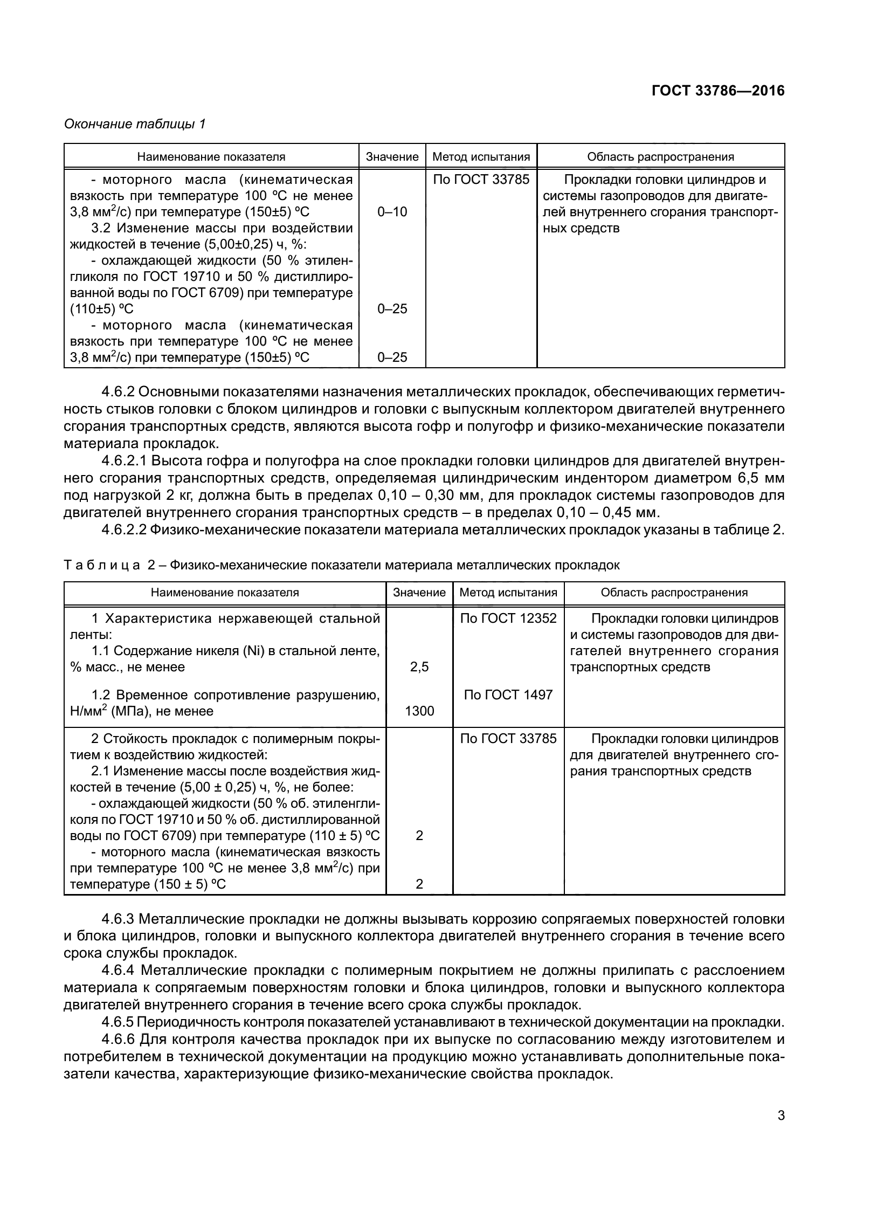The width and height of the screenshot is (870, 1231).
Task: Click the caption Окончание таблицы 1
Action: [135, 124]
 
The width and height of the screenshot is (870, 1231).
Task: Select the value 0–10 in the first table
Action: [392, 212]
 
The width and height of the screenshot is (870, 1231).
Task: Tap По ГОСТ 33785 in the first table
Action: [481, 180]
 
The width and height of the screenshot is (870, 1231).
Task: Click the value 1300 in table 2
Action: [419, 711]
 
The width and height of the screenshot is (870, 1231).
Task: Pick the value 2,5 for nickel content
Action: [419, 667]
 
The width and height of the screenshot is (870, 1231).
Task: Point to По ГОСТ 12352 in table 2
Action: [508, 618]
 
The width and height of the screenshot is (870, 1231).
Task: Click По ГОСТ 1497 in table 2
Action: [508, 694]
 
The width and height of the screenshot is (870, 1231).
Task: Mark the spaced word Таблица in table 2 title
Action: [102, 565]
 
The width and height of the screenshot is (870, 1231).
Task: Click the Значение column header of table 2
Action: [419, 593]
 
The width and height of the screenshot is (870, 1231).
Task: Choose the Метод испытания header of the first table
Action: [481, 157]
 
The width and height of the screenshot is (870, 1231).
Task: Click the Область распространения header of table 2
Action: [674, 593]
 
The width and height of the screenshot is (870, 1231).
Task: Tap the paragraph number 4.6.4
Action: [119, 971]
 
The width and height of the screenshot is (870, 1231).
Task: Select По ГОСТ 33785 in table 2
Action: [508, 738]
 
